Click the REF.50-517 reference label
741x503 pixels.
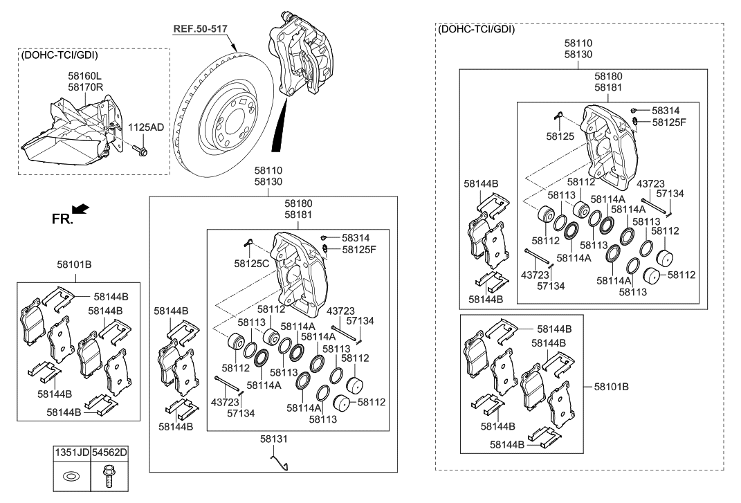pos(200,28)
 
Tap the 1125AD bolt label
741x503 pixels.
pos(147,127)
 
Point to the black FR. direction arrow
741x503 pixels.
pos(81,209)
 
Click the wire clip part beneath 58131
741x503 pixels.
pos(280,460)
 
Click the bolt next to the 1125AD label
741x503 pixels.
pos(142,149)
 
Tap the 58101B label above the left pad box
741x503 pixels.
pos(75,264)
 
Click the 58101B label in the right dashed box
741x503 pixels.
pos(611,386)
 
